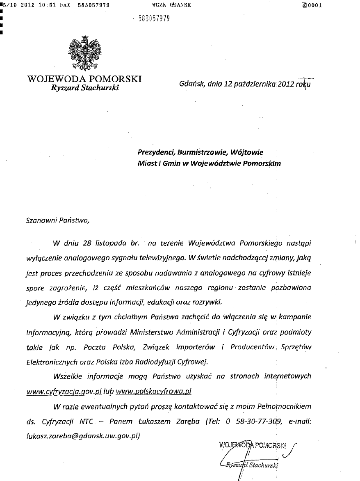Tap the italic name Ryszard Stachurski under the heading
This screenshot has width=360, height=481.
(x=85, y=88)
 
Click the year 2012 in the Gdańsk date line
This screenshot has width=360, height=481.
(x=285, y=84)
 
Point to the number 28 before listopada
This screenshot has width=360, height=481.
(x=86, y=243)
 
